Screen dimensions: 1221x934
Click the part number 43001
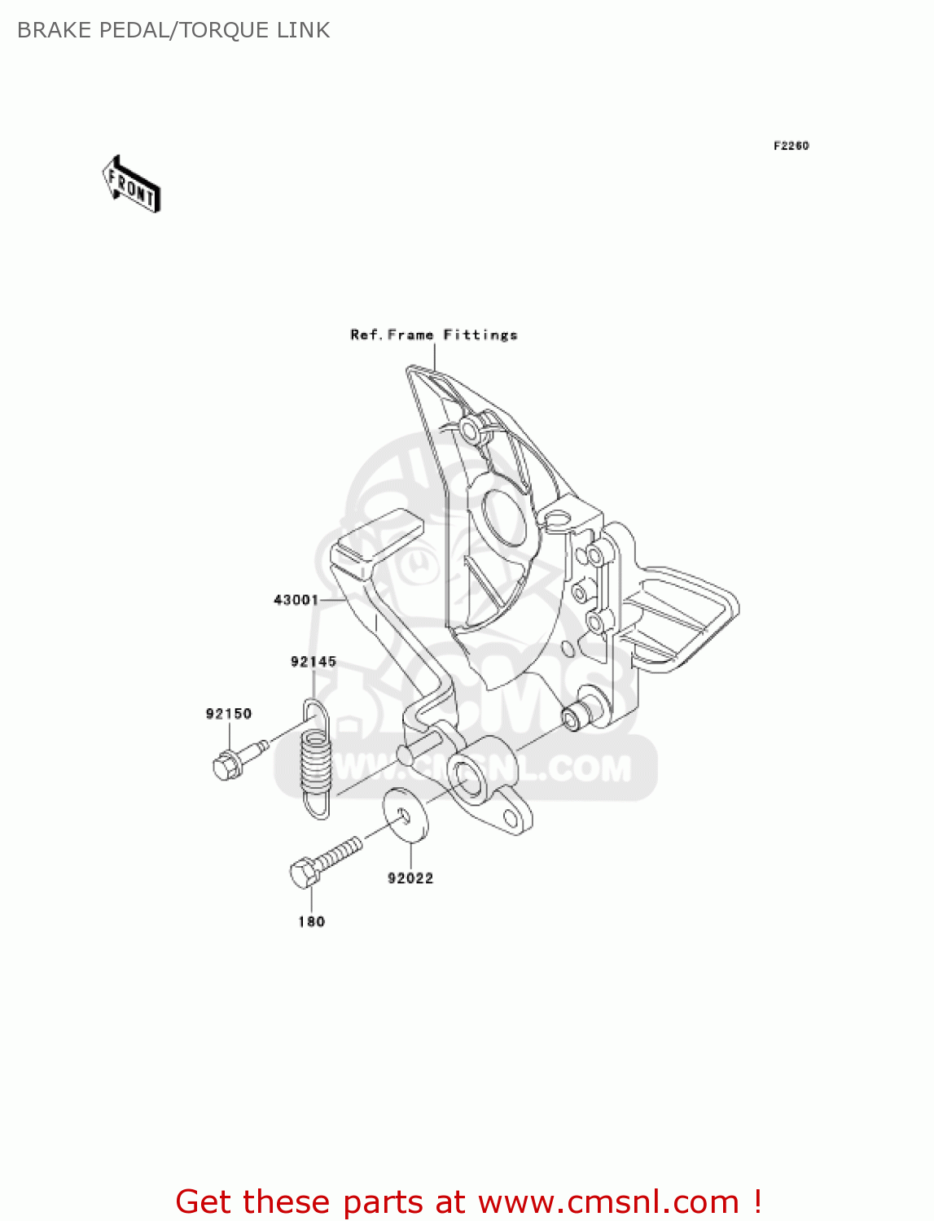pos(296,600)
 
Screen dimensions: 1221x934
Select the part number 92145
pos(314,662)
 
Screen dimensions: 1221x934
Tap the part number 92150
pos(229,714)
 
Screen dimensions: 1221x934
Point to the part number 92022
pos(410,877)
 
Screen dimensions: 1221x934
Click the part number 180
pos(312,921)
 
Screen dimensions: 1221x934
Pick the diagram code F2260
pos(791,146)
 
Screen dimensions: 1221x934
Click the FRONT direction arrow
pos(131,185)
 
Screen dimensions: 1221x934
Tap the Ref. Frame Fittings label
pos(434,335)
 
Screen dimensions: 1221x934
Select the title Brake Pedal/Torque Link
pos(173,30)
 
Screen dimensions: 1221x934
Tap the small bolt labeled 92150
pos(236,758)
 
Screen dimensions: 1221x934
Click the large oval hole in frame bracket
pos(505,514)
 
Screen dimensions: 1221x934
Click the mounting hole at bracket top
pos(470,428)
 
